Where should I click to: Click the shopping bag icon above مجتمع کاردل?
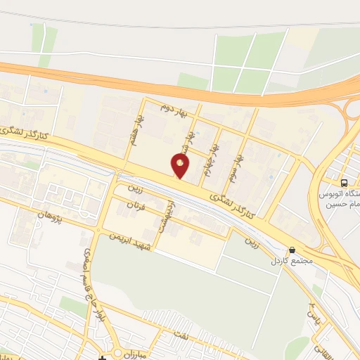point(291,250)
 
